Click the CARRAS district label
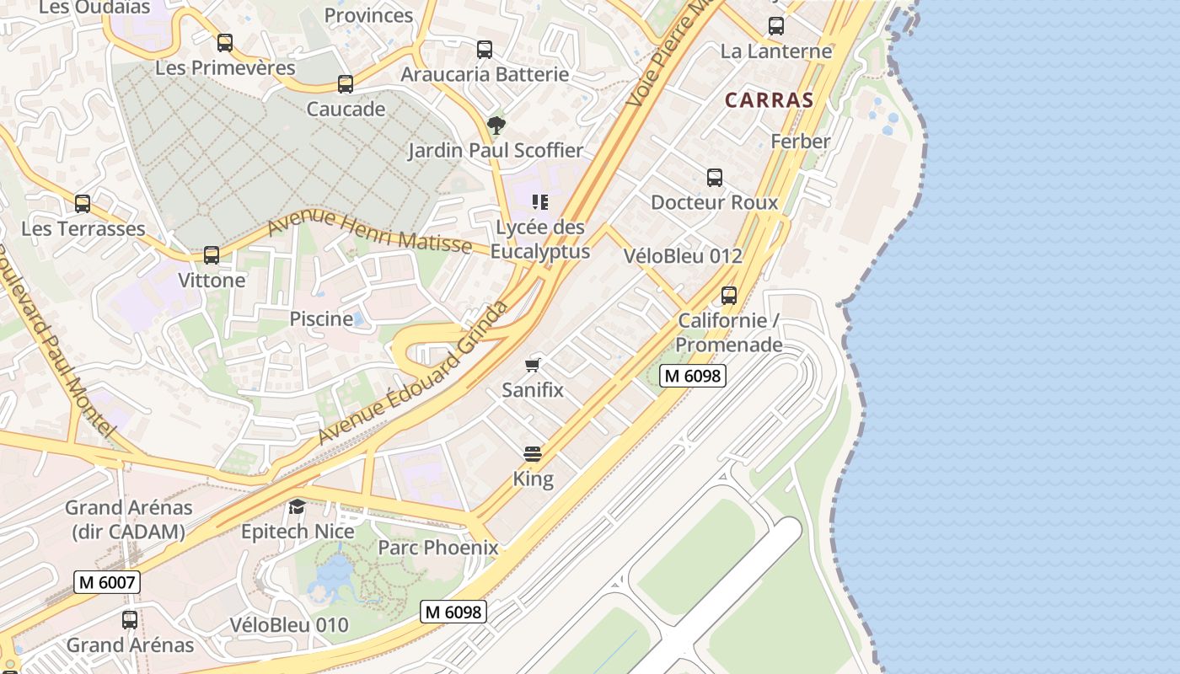point(770,100)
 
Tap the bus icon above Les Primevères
point(225,43)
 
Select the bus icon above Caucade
point(346,84)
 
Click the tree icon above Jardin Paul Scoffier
point(496,126)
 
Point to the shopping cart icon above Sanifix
point(533,365)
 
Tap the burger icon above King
point(533,454)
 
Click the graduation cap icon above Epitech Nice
point(298,506)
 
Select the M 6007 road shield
point(106,582)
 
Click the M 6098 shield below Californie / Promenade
point(693,376)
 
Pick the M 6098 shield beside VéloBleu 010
point(453,612)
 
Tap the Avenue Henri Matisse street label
point(370,232)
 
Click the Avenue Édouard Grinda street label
point(413,372)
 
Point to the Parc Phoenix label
point(438,548)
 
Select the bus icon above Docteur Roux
point(715,178)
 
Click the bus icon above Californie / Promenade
point(729,296)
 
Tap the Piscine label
point(321,319)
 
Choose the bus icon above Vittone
point(212,255)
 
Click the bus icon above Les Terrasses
point(83,204)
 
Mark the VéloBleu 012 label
point(683,256)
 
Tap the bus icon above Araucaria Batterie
point(485,50)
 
